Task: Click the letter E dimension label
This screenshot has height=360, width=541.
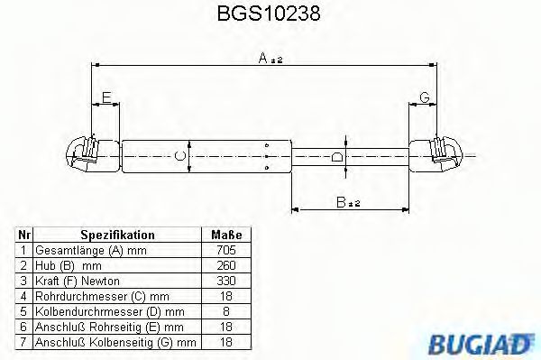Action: [106, 97]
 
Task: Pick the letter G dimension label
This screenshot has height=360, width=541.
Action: [423, 97]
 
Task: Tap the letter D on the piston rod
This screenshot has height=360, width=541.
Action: [336, 157]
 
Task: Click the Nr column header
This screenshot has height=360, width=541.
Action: [25, 234]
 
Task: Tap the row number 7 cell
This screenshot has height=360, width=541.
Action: [25, 343]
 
